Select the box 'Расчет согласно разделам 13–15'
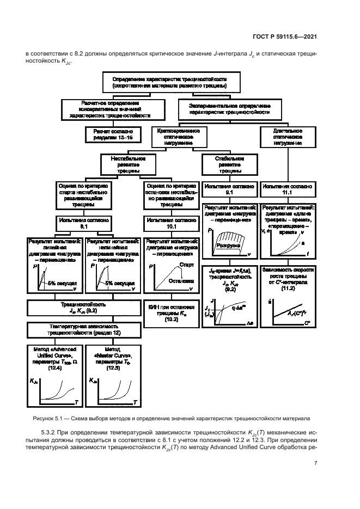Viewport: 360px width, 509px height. pyautogui.click(x=114, y=135)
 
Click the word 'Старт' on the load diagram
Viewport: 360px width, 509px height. pyautogui.click(x=186, y=265)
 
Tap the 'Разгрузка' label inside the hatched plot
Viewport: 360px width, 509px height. pyautogui.click(x=228, y=246)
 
